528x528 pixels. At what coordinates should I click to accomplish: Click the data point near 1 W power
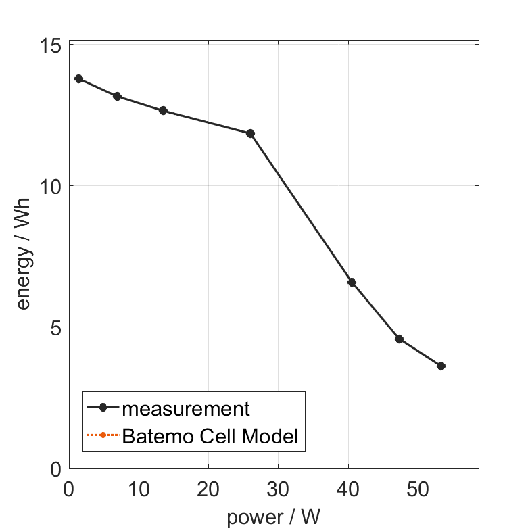[x=78, y=79]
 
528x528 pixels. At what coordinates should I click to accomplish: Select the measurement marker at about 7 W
[x=117, y=97]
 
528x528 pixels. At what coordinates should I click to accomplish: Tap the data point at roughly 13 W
[x=163, y=111]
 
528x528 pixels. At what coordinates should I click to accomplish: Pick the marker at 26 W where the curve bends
[x=250, y=134]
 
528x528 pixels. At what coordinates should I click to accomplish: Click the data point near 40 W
[x=352, y=282]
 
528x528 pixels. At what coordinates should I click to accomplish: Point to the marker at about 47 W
[x=399, y=339]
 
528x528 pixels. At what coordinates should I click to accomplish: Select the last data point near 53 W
[x=441, y=366]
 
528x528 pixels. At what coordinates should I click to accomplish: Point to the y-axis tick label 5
[x=55, y=327]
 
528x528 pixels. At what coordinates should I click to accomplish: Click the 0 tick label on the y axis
[x=55, y=469]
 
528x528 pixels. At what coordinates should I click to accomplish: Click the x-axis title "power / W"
[x=274, y=517]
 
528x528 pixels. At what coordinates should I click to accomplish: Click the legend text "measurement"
[x=186, y=408]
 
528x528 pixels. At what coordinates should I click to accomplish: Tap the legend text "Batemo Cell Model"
[x=210, y=436]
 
